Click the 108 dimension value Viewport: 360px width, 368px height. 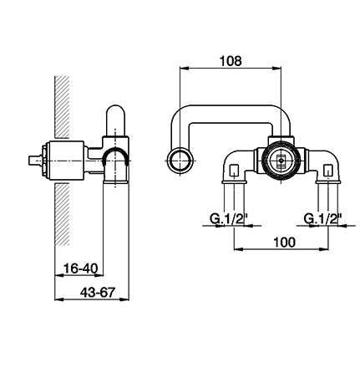[x=231, y=61]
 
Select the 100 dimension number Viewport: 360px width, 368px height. [x=284, y=243]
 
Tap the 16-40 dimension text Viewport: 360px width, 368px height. [x=81, y=268]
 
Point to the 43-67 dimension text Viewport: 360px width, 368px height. [x=98, y=293]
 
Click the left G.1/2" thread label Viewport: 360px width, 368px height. [x=228, y=219]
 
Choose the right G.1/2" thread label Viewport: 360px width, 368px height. [x=322, y=219]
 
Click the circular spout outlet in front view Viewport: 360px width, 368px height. [x=181, y=161]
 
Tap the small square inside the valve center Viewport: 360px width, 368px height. [x=281, y=161]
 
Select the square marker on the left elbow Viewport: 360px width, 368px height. [x=234, y=169]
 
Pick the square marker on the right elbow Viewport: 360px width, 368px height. [x=328, y=169]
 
